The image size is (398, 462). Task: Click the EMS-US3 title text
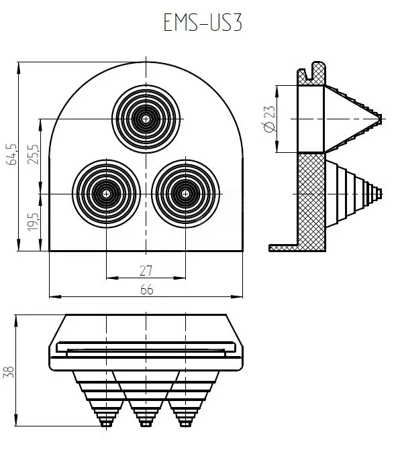(x=203, y=23)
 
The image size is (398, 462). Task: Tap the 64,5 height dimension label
(x=12, y=155)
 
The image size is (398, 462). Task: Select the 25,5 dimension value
(x=33, y=154)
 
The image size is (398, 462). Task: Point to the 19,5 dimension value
(x=33, y=222)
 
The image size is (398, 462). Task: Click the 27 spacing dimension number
(x=146, y=271)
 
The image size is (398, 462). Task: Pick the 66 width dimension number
(x=147, y=290)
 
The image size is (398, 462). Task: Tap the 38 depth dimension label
(x=8, y=372)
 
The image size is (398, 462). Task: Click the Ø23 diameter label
(x=269, y=119)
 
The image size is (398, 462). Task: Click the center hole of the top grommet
(x=146, y=119)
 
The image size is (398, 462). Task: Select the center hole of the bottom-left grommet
(x=106, y=194)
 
